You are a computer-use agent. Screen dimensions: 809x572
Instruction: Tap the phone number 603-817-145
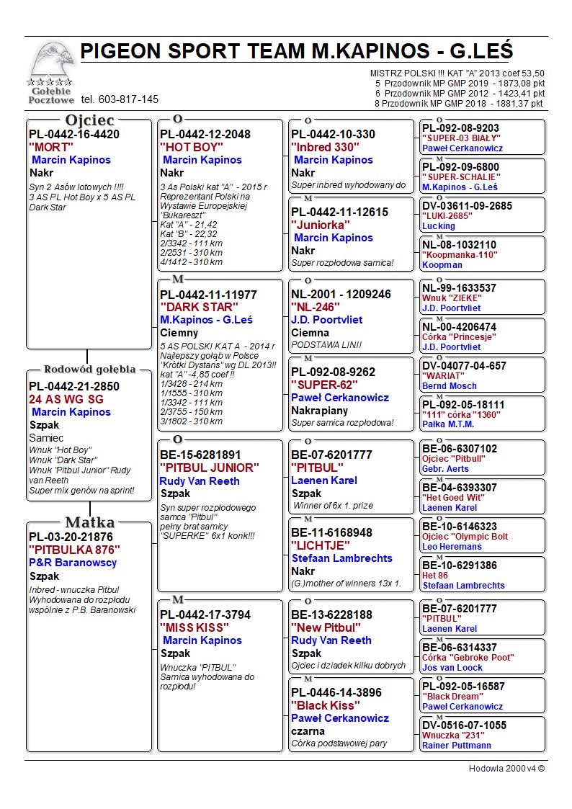point(120,99)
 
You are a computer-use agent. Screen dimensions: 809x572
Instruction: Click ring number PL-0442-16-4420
point(74,134)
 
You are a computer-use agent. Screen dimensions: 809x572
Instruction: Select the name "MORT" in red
point(51,147)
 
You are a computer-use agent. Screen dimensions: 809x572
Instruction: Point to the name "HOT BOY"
point(192,147)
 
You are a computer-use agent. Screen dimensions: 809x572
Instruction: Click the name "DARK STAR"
point(197,308)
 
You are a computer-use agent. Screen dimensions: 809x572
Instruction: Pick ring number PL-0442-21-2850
point(74,386)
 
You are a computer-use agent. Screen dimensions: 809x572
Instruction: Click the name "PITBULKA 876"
point(74,550)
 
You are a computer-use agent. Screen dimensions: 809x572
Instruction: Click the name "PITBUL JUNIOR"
point(208,468)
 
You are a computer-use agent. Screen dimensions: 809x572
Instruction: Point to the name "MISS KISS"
point(195,628)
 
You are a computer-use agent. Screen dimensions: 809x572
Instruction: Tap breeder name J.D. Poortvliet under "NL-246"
point(326,320)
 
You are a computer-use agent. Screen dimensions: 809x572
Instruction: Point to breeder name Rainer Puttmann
point(457,746)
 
